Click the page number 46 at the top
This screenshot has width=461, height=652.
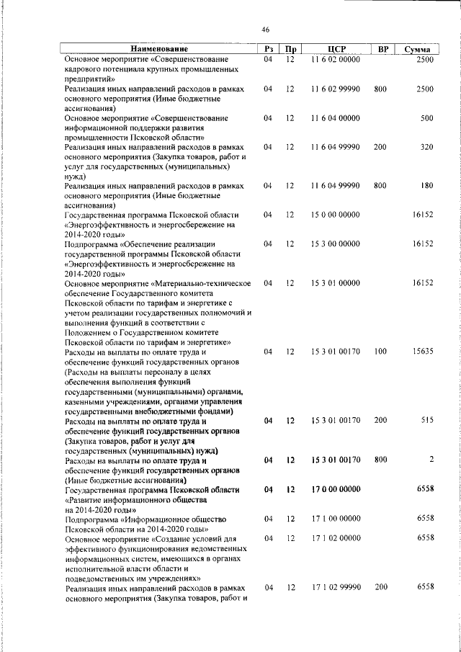[x=265, y=30]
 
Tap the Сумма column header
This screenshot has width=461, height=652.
[x=417, y=49]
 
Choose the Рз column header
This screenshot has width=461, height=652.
[x=268, y=49]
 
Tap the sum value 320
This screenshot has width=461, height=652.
[x=426, y=147]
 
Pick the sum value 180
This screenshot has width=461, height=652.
[x=426, y=186]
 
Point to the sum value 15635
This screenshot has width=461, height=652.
[x=422, y=352]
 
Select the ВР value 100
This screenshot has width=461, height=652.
[x=380, y=352]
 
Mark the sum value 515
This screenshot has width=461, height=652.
[x=426, y=421]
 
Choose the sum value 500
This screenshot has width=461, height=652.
[x=426, y=118]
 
